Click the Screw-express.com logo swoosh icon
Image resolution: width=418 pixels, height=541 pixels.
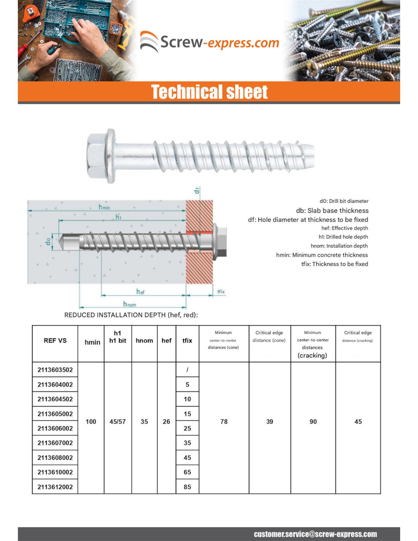click(149, 41)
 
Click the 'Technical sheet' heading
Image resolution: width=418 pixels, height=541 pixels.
click(209, 92)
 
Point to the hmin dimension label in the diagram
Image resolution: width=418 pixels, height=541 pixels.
click(104, 207)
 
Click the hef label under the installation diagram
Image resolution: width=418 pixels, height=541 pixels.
click(140, 292)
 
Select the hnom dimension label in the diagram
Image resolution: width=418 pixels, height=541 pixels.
click(129, 304)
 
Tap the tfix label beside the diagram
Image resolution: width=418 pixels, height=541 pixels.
click(221, 292)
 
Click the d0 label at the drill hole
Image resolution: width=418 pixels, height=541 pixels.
click(48, 242)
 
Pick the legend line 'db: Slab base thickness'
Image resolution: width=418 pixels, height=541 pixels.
click(332, 210)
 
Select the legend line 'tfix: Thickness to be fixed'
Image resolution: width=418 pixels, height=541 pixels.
click(334, 264)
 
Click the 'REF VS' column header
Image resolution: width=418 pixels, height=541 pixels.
click(55, 341)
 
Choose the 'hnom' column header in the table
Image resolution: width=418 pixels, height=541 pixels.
click(144, 341)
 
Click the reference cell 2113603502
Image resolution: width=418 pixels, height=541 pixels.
click(55, 370)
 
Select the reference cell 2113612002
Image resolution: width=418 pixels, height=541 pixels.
click(55, 487)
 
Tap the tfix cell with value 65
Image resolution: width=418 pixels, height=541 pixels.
click(187, 472)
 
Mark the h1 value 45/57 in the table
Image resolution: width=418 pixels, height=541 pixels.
click(117, 422)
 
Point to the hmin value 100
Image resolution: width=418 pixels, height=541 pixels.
click(91, 422)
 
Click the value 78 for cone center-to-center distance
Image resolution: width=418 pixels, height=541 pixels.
click(224, 422)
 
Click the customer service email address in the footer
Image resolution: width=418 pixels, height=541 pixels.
click(315, 534)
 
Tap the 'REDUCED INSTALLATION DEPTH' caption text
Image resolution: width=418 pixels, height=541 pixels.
click(131, 315)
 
